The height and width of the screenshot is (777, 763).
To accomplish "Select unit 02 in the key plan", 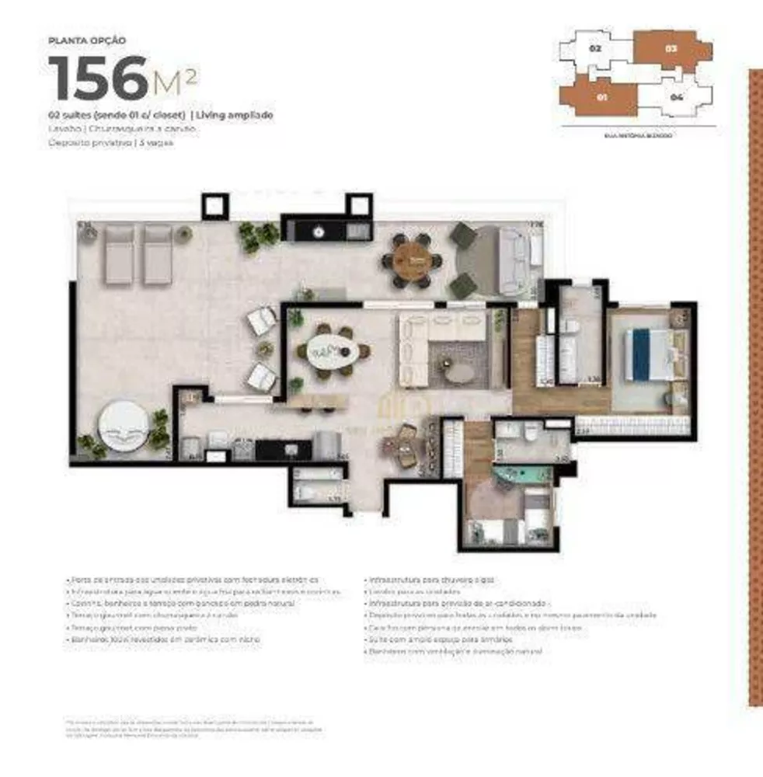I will point(596,48).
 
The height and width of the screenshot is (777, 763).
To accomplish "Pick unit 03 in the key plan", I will point(671,48).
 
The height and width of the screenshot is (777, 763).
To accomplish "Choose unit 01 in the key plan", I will point(601,98).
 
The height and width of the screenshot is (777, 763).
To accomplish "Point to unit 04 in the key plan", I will point(677,98).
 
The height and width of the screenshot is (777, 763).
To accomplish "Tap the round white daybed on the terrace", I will point(123,425).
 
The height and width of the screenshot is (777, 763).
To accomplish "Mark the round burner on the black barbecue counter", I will point(319,231).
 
